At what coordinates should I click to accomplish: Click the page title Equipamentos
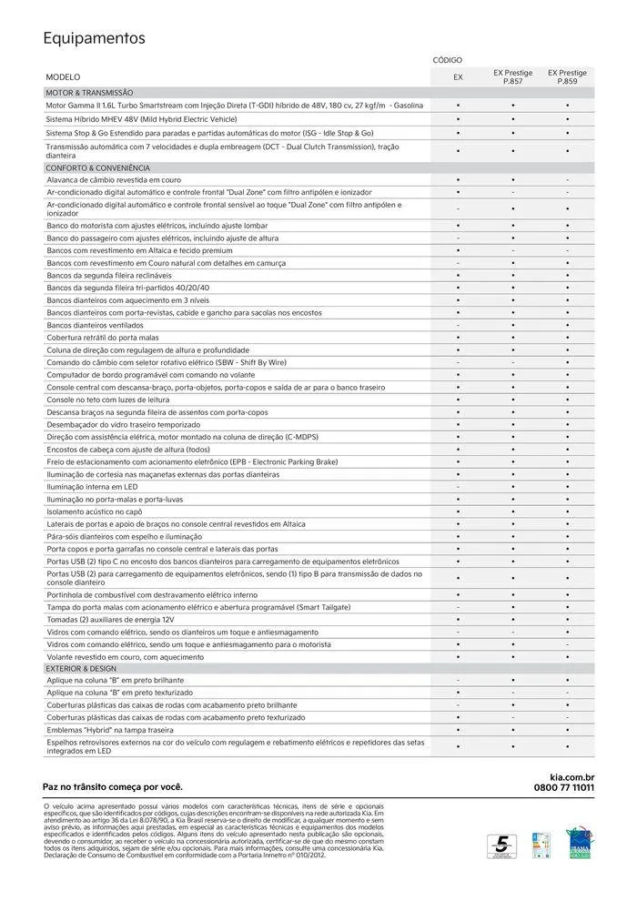[x=94, y=38]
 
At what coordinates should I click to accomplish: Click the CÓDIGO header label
[x=448, y=59]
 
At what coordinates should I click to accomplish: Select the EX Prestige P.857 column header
[x=513, y=77]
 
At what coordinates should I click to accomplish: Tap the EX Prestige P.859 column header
[x=567, y=77]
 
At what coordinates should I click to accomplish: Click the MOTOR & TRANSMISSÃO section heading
[x=90, y=93]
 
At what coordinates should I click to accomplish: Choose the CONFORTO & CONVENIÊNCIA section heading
[x=97, y=168]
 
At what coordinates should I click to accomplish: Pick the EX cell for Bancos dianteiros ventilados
[x=458, y=325]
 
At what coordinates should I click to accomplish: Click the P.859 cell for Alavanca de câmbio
[x=567, y=180]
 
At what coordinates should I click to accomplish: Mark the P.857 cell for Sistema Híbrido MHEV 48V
[x=513, y=119]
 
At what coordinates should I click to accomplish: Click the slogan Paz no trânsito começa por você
[x=113, y=786]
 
